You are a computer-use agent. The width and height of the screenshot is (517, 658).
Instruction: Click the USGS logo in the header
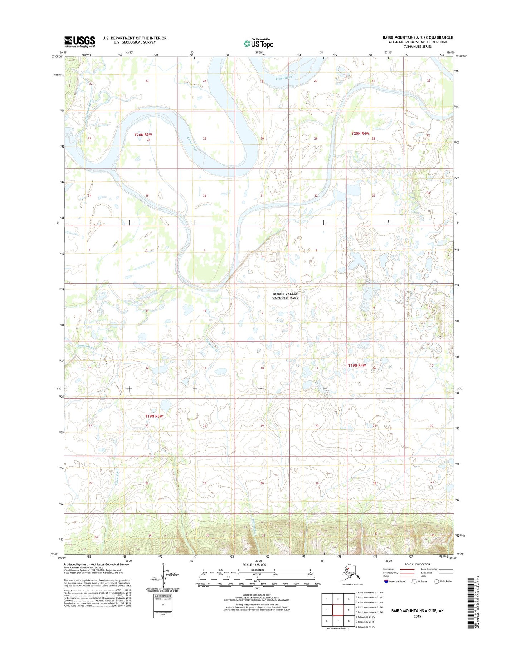pyautogui.click(x=79, y=41)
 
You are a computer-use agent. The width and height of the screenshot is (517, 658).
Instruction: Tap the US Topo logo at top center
pyautogui.click(x=258, y=44)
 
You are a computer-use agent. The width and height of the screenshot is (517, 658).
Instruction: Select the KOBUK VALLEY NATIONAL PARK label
pyautogui.click(x=285, y=296)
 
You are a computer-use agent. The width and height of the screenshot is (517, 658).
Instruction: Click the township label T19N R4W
pyautogui.click(x=357, y=365)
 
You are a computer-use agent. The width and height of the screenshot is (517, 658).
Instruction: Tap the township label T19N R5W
pyautogui.click(x=154, y=416)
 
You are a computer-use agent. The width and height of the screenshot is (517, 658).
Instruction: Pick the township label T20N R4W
pyautogui.click(x=360, y=133)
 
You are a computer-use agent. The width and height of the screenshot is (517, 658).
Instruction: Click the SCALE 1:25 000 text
pyautogui.click(x=254, y=565)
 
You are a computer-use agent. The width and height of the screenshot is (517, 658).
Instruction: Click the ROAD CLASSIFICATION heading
pyautogui.click(x=417, y=564)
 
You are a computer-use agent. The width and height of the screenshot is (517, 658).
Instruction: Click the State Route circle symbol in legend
pyautogui.click(x=436, y=581)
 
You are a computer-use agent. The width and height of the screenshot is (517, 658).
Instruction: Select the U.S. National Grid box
pyautogui.click(x=163, y=606)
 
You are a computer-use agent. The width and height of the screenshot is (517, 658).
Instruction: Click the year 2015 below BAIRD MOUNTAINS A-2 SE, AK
pyautogui.click(x=417, y=616)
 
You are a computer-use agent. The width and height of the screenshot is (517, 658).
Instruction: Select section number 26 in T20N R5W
pyautogui.click(x=148, y=140)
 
